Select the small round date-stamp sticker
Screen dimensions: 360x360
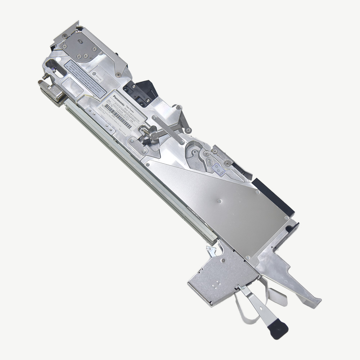point(94,74)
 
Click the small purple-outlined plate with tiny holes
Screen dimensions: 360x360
point(219,168)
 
